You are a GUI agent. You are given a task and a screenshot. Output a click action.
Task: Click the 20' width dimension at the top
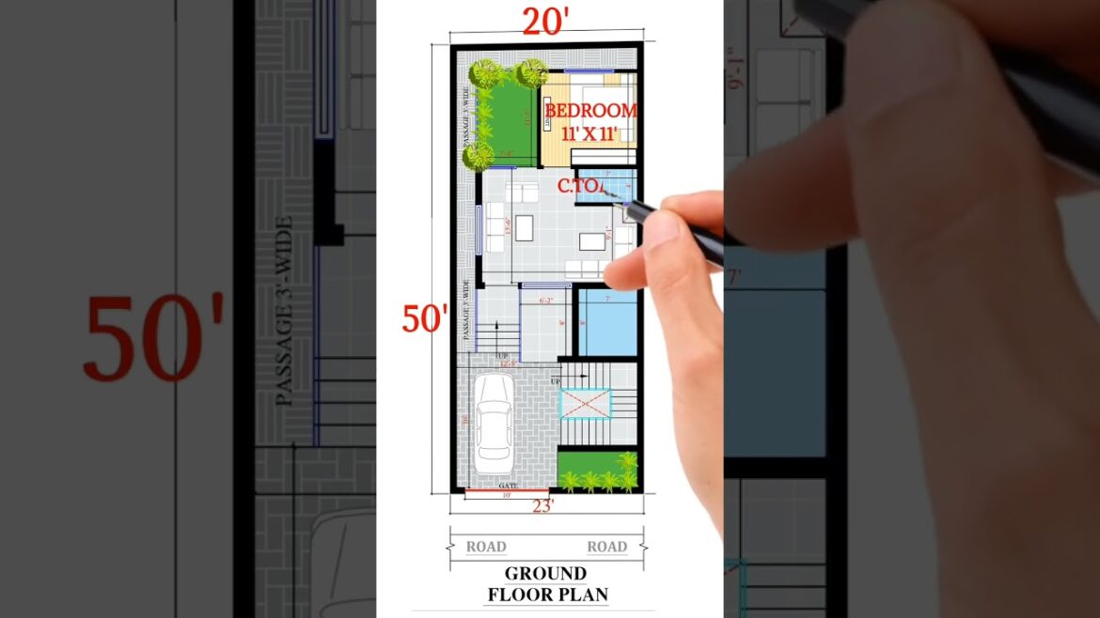click(546, 23)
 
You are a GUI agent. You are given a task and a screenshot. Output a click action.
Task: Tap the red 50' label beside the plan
click(425, 319)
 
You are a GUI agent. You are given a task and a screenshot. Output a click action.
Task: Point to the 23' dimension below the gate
click(543, 505)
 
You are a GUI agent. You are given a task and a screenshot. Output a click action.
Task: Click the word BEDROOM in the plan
click(590, 111)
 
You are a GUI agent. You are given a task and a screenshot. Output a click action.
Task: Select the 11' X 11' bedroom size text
click(589, 133)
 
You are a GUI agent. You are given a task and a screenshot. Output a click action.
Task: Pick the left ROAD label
click(486, 547)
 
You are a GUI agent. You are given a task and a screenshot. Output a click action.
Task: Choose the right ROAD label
click(606, 547)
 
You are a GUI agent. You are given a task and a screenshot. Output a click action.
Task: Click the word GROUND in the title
click(545, 573)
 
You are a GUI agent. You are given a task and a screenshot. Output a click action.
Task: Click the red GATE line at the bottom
click(507, 489)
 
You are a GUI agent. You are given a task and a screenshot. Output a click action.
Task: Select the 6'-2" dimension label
click(546, 301)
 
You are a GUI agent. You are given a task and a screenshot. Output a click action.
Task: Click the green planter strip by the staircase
click(597, 472)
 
